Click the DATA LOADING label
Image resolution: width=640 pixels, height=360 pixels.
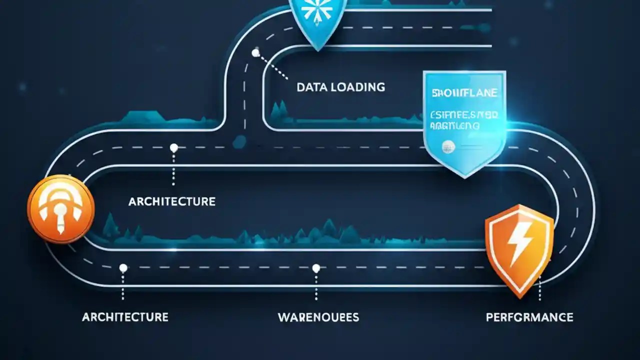click(340, 87)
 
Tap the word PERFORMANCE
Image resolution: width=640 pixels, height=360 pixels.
click(529, 317)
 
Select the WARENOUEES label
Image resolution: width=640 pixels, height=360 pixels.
click(318, 317)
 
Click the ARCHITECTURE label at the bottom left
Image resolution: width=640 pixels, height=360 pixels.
click(125, 317)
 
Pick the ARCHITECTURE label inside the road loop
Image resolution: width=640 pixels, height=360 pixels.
click(171, 201)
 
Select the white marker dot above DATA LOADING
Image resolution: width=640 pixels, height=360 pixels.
click(256, 52)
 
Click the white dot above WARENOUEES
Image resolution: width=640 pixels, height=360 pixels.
click(316, 268)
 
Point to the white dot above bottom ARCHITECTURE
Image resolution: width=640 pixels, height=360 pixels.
click(123, 268)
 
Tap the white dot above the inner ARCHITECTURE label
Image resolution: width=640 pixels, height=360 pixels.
click(173, 148)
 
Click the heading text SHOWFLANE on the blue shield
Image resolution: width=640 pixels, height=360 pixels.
click(464, 93)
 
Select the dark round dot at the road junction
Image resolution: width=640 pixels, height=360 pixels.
click(239, 141)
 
